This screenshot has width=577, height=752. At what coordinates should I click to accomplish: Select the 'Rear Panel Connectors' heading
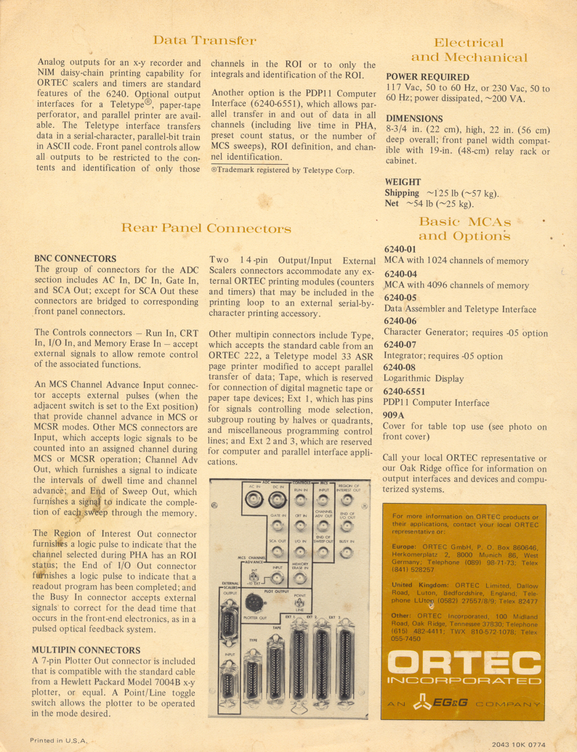click(206, 228)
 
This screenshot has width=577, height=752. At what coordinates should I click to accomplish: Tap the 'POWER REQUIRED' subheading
click(427, 77)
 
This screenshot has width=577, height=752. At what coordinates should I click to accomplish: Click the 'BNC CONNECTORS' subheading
click(75, 258)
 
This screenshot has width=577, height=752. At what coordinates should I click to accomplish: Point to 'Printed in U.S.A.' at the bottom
click(59, 740)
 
